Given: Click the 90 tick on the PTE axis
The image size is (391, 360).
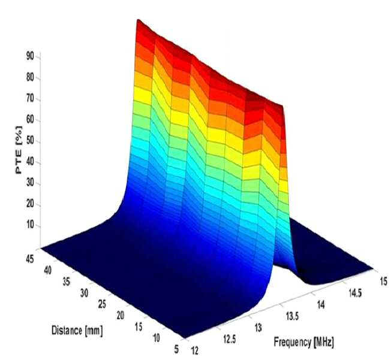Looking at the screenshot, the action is [30, 56].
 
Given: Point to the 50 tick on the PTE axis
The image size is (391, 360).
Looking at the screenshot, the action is [30, 141].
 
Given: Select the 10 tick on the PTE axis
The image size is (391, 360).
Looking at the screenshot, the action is [30, 226].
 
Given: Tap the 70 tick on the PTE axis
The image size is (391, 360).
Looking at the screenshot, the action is [30, 99].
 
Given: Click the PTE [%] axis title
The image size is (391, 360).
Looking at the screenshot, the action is [19, 150].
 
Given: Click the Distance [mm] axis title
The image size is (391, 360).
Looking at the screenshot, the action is [77, 331].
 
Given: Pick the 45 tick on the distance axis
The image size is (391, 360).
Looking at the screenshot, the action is [29, 259].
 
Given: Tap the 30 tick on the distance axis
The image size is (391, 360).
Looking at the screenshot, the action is [85, 294].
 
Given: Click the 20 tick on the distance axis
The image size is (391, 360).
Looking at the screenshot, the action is [120, 316].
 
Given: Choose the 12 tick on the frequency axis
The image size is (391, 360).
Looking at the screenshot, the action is [195, 351].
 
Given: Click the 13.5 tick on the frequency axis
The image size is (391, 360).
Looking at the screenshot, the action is [292, 316].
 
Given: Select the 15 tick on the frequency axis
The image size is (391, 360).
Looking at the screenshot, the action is [384, 281].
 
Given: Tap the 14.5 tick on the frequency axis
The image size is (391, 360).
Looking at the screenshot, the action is [355, 294].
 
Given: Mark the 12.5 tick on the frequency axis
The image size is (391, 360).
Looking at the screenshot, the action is [230, 339].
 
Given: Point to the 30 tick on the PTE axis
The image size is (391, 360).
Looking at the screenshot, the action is [30, 184].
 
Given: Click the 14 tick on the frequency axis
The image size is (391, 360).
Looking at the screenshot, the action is [321, 304].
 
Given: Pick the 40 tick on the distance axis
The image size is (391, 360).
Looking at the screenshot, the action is [48, 270].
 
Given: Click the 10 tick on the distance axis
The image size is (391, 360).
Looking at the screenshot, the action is [157, 338].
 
